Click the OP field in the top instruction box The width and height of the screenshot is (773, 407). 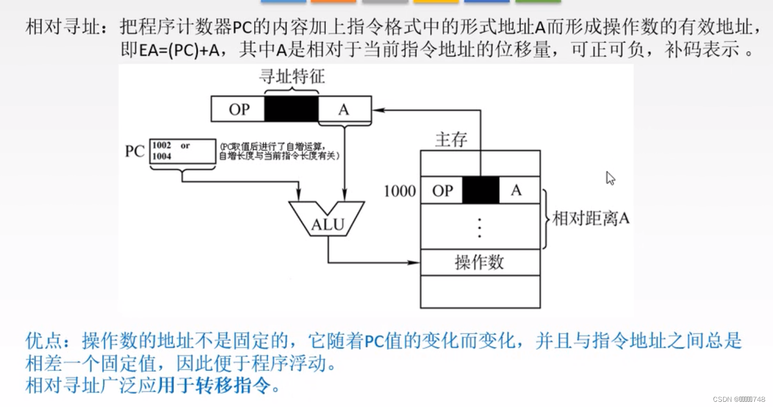tap(239, 109)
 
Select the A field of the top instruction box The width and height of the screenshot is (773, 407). tap(344, 109)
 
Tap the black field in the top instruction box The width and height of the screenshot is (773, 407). tap(291, 109)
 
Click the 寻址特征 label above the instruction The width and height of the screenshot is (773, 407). tap(292, 77)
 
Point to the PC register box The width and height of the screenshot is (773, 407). tap(183, 151)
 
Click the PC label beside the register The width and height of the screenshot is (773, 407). tap(134, 151)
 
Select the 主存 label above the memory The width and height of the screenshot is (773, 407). tap(451, 139)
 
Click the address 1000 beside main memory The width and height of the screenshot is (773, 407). tap(400, 191)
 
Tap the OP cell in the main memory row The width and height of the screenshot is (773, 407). tap(442, 190)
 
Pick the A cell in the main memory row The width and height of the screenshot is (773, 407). tap(516, 190)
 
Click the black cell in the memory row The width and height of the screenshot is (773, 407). tap(480, 190)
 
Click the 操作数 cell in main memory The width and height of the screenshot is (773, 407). tap(479, 262)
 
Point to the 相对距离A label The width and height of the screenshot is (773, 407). tap(590, 218)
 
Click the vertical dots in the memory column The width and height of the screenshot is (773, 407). tap(479, 227)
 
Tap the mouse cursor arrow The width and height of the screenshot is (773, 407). tap(610, 178)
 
